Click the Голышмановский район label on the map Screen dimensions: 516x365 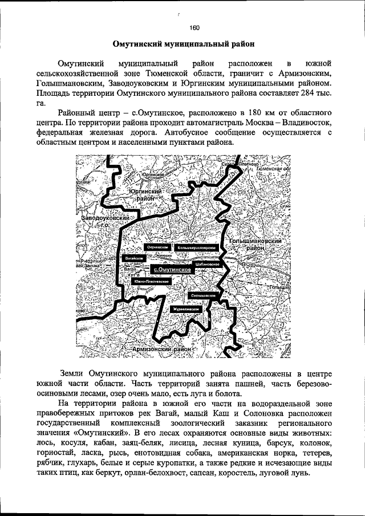[256, 245]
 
